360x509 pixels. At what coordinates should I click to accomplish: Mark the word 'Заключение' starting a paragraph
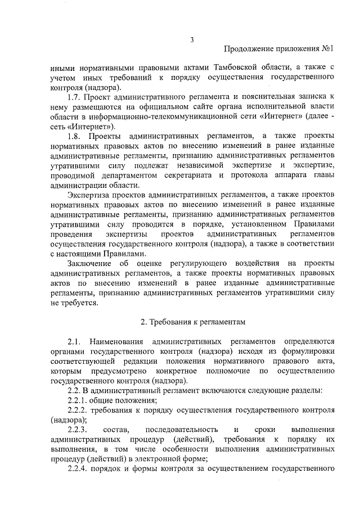click(x=89, y=264)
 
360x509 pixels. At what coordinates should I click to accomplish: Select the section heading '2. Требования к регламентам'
click(x=193, y=322)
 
